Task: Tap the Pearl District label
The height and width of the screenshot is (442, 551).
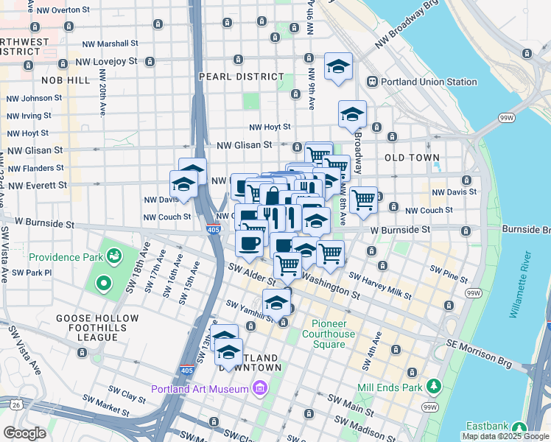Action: click(x=242, y=77)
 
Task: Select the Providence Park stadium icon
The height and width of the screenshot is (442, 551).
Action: click(x=113, y=256)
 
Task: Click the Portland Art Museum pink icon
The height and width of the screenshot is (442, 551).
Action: click(x=259, y=388)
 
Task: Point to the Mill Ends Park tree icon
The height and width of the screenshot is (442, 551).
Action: click(x=434, y=385)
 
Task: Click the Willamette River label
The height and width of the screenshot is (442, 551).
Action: click(x=519, y=284)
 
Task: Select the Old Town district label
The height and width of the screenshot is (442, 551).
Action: click(x=412, y=158)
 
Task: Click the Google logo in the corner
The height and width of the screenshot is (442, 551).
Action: click(x=24, y=433)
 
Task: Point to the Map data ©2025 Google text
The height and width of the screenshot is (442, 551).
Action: click(x=506, y=436)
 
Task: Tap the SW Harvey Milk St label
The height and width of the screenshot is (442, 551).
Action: click(x=379, y=287)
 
